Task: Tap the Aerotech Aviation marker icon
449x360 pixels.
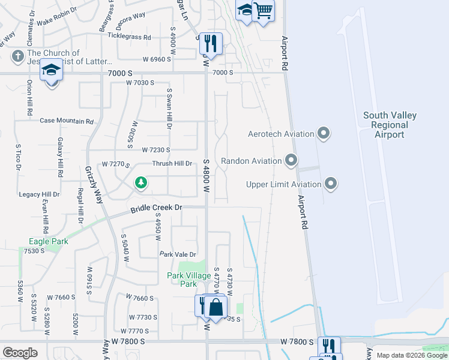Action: point(324,133)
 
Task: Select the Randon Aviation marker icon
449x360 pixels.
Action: point(291,160)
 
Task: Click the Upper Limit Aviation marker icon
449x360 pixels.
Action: point(330,184)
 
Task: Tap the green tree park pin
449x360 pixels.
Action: point(141,182)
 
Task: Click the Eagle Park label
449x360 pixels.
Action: point(49,241)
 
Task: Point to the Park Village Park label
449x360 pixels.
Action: point(189,280)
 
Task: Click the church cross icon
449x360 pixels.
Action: point(17,58)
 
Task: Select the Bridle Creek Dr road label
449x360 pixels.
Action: point(156,208)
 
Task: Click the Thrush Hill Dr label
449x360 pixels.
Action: point(172,163)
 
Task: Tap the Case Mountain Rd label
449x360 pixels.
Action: point(67,121)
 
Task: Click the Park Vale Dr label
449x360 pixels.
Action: point(178,254)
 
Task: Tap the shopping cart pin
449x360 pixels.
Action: point(263,10)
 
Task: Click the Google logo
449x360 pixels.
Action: point(20,353)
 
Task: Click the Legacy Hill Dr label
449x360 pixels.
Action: point(39,194)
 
